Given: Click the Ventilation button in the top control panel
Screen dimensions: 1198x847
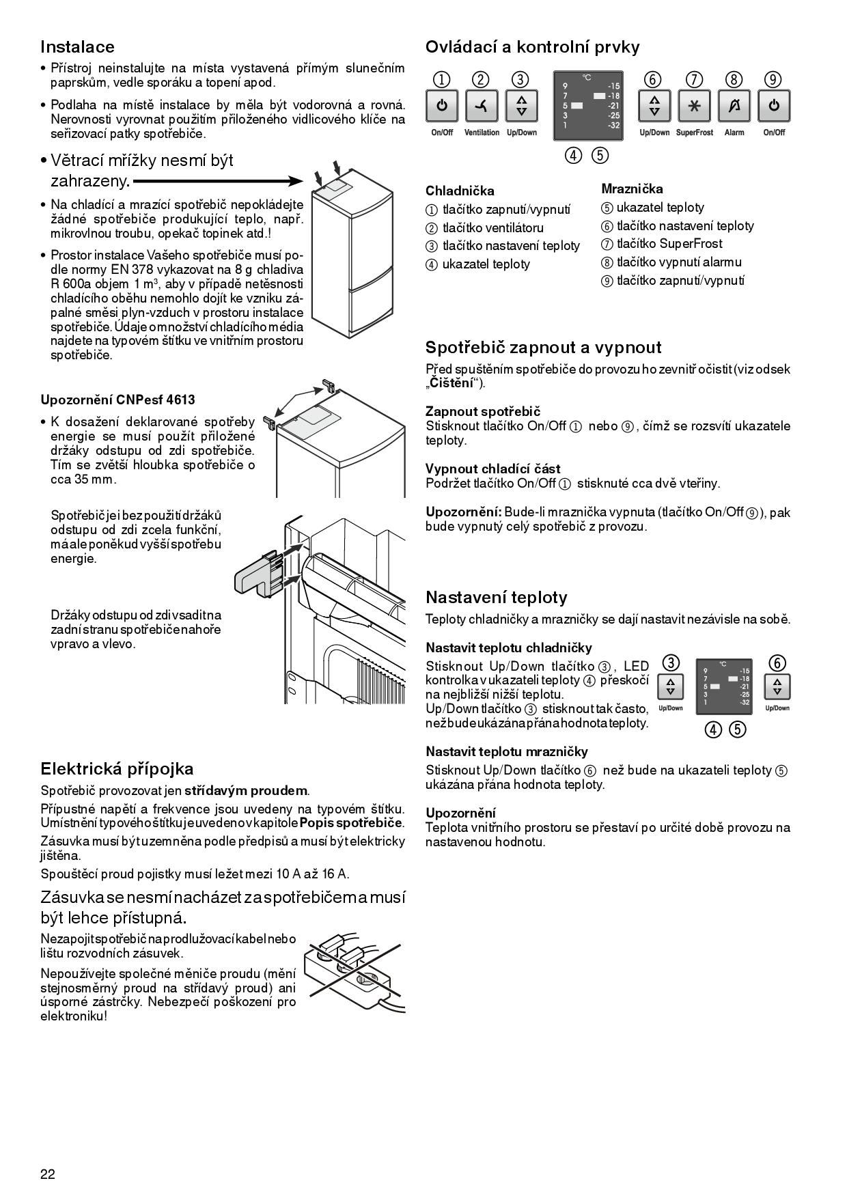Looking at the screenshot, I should coord(482,107).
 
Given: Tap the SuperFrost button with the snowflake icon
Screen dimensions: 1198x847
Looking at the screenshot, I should coord(694,107).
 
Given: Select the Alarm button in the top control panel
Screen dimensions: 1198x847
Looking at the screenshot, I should coord(734,107).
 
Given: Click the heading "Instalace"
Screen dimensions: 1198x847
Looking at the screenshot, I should coord(77,47).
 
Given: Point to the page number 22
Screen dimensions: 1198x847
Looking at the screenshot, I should coord(48,1174).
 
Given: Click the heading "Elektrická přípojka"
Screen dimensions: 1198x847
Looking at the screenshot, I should coord(117,769).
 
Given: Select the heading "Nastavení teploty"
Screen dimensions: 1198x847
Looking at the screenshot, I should coord(496,598).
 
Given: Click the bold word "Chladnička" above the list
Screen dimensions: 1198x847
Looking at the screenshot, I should coord(460,191).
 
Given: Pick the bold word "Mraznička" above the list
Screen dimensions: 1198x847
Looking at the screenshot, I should coord(632,189).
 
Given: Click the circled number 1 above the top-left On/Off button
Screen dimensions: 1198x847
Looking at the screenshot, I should coord(442,79).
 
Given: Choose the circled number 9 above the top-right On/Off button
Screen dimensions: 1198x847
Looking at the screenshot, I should coord(773,79).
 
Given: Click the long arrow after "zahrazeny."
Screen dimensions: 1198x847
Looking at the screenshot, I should coord(218,181).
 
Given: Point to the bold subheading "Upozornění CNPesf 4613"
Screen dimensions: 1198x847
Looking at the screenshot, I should coord(113,400).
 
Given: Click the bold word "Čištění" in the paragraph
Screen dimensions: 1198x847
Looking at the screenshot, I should coord(451,383).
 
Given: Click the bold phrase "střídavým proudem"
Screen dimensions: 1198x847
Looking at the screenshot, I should coord(246,791).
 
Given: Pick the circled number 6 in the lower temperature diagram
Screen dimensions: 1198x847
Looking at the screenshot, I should coord(777,663).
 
